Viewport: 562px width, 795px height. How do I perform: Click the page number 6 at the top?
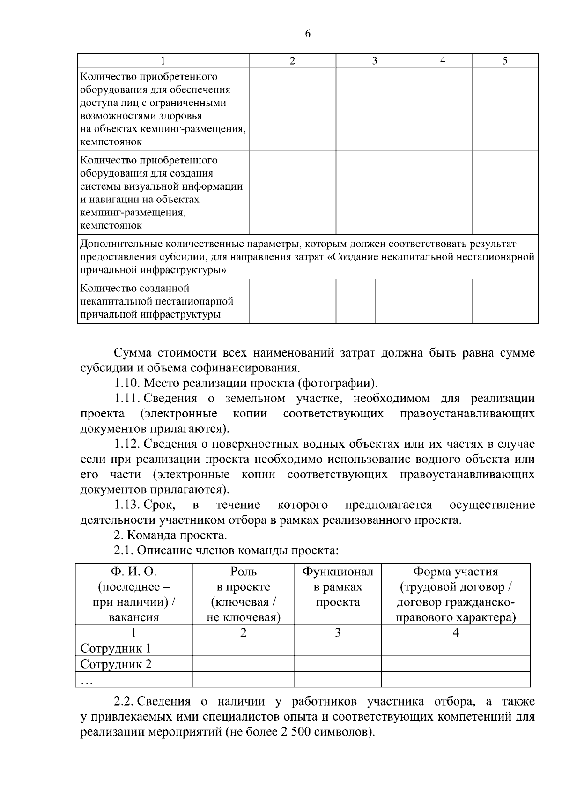coord(307,33)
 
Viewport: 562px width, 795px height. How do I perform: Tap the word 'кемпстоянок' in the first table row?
coord(111,142)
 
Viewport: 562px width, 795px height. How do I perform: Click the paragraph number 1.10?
coord(127,383)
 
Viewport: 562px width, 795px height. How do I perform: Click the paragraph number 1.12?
coord(127,444)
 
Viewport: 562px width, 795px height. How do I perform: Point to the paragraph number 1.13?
coord(127,505)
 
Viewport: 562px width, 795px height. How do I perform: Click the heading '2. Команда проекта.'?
coord(170,535)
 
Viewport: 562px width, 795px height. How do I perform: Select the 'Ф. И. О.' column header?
coord(133,572)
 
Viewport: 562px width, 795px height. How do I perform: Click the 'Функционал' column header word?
coord(338,572)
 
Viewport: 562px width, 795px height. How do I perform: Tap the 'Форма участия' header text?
coord(455,572)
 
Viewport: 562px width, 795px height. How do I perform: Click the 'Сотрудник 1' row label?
coord(116,648)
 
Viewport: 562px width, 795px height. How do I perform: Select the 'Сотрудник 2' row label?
coord(116,664)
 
